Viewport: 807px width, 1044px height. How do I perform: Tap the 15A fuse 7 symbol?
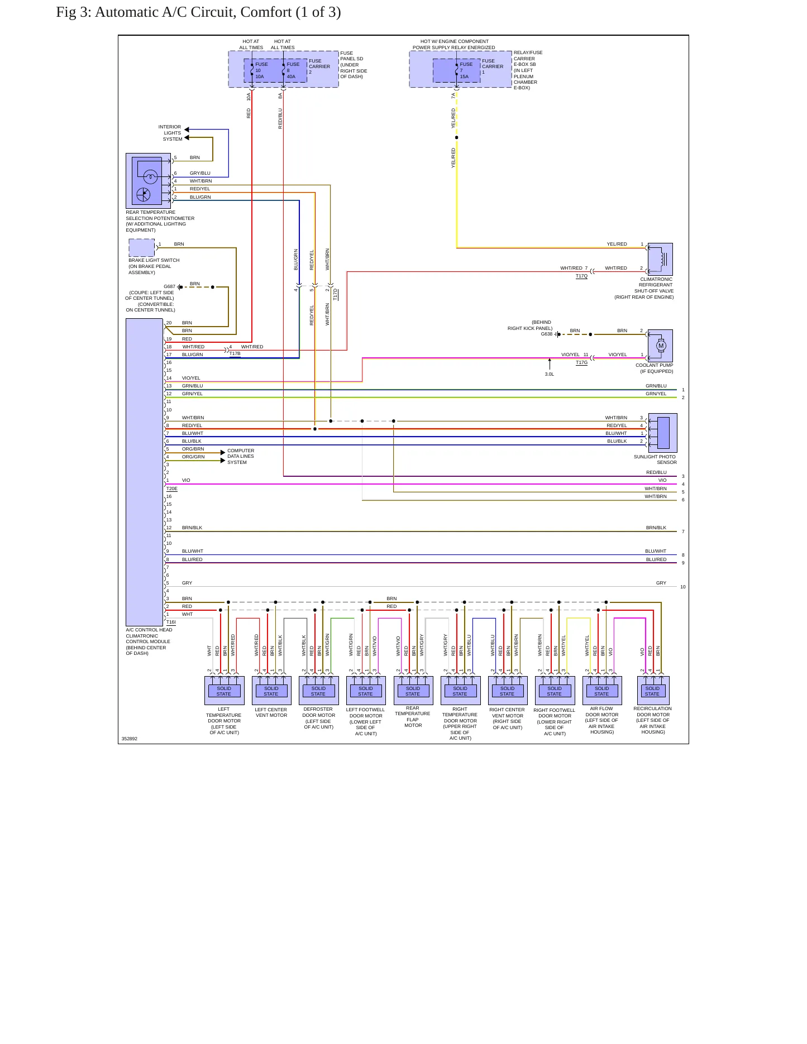tap(456, 71)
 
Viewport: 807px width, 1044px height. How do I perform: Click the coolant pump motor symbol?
tap(661, 346)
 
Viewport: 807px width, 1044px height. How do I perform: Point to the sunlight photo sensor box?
tap(663, 433)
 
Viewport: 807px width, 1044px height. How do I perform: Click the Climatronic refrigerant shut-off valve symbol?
tap(660, 259)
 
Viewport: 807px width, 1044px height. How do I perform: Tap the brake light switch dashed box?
tap(142, 248)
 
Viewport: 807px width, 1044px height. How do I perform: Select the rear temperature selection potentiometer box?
tap(149, 181)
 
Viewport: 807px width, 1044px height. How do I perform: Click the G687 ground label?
tap(169, 286)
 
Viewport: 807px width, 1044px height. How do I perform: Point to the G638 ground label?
tap(547, 334)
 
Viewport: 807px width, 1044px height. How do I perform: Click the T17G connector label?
tap(581, 362)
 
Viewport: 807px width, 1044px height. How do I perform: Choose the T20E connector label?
tap(172, 489)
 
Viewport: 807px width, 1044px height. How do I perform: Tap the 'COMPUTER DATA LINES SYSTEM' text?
tap(241, 456)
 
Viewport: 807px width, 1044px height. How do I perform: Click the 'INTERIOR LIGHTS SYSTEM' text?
tap(170, 133)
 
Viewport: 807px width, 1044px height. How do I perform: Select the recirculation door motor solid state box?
tap(652, 691)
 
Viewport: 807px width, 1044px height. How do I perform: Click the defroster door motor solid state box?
tap(318, 691)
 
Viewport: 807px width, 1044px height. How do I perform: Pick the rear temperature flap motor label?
tap(413, 716)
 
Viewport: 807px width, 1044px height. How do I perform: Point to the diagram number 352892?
tap(130, 739)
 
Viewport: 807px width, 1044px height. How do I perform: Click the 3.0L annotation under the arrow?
tap(550, 374)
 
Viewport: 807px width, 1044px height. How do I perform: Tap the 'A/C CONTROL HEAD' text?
tap(149, 630)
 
